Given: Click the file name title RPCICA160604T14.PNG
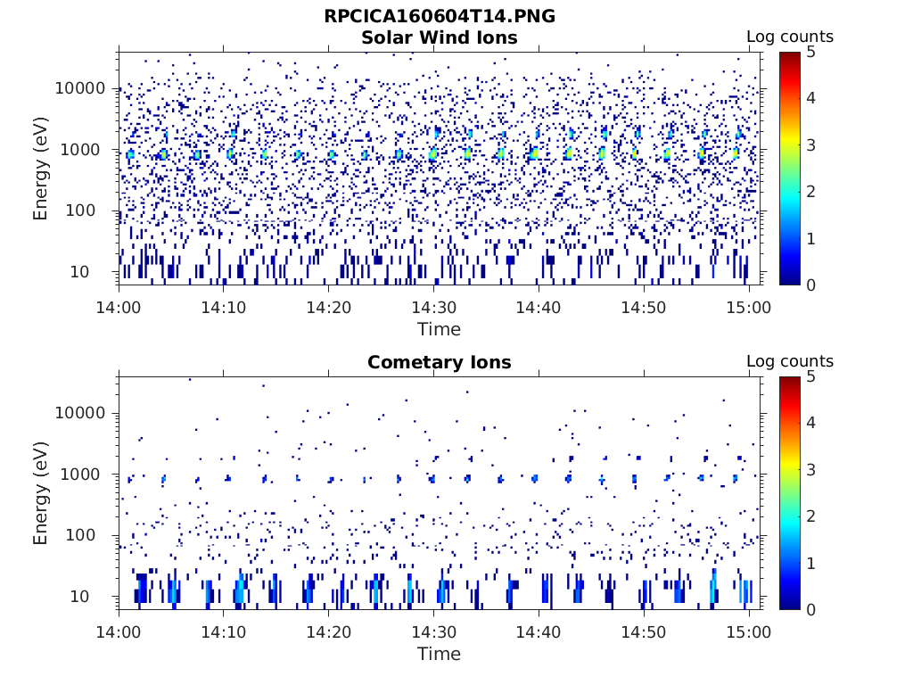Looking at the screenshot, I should pyautogui.click(x=439, y=16).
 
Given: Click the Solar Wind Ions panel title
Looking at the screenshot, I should pyautogui.click(x=439, y=37).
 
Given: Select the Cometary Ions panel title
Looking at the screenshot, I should pyautogui.click(x=439, y=362).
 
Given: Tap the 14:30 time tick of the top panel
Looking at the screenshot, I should pyautogui.click(x=433, y=307).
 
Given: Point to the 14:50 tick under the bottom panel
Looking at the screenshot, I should pyautogui.click(x=644, y=631).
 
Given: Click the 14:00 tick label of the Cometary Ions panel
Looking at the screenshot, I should pyautogui.click(x=119, y=631).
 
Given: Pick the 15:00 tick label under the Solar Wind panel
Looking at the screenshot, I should pyautogui.click(x=749, y=307).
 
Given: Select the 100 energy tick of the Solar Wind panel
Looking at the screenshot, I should pyautogui.click(x=90, y=211).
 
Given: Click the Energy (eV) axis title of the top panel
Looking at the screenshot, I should pyautogui.click(x=41, y=169).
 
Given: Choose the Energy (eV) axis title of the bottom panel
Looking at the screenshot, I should pyautogui.click(x=41, y=493).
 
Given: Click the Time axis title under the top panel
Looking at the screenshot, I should pyautogui.click(x=439, y=329).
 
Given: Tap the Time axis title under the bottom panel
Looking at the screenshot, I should pyautogui.click(x=439, y=654).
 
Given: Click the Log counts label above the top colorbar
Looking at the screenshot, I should pyautogui.click(x=789, y=37).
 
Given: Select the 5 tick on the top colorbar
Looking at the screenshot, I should pyautogui.click(x=812, y=52).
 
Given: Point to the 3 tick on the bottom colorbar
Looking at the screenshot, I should pyautogui.click(x=812, y=470).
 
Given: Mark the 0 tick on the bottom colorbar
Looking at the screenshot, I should pyautogui.click(x=812, y=609).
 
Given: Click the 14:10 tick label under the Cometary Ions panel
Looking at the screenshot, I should pyautogui.click(x=224, y=631).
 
